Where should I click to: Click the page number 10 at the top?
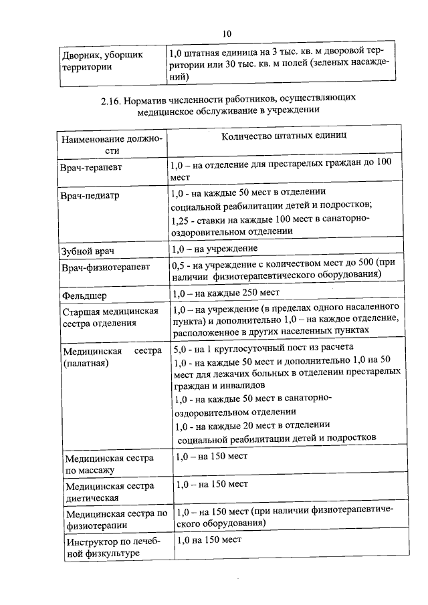(227, 33)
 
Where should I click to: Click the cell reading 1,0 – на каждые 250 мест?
(225, 293)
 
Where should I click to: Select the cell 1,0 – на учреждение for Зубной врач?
(215, 249)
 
